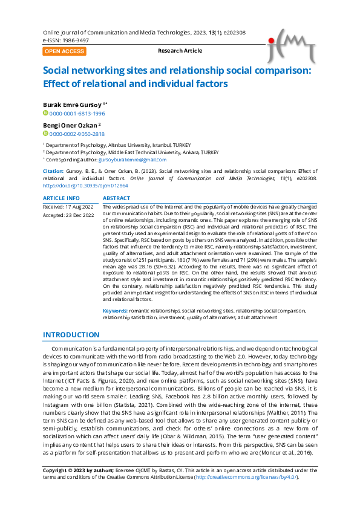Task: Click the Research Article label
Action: point(180,51)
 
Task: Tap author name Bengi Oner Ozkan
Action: point(70,125)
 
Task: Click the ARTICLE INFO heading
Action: point(61,198)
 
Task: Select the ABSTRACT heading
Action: point(116,198)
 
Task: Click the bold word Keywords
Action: point(114,310)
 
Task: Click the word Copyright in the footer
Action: point(55,470)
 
